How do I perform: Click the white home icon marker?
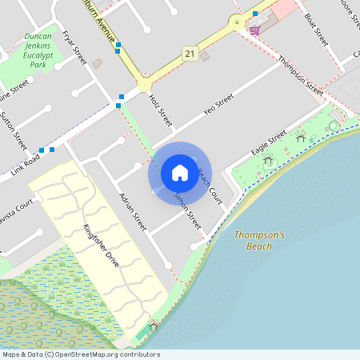coord(180,172)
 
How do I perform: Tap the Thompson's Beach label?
coord(259,241)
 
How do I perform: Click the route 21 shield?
coord(189,53)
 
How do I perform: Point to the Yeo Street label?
coord(218,106)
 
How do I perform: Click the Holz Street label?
coord(161,110)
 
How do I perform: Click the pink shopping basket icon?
coord(254,30)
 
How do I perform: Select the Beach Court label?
coord(209,183)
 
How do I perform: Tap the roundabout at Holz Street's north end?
coord(144,83)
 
